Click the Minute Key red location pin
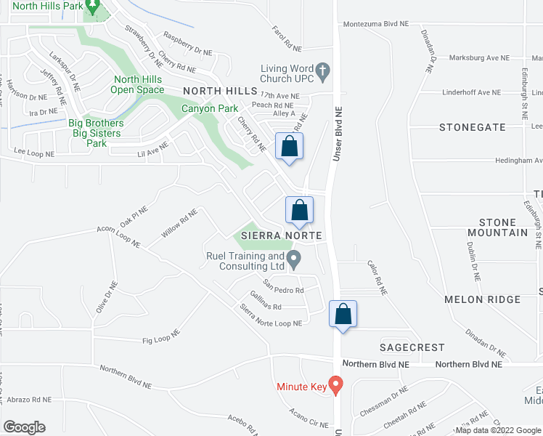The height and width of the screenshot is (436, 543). pos(335,384)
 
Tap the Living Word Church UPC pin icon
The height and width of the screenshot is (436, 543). pos(324,70)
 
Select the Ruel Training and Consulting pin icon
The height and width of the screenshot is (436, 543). pos(294,258)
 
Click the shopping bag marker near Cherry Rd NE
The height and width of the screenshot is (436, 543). pos(289,147)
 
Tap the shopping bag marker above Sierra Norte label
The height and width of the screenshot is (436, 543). pos(299,211)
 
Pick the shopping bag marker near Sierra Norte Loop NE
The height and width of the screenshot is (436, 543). pos(343,315)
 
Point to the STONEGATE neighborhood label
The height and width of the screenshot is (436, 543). pos(473,127)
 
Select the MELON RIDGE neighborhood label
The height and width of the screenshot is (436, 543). pos(483,299)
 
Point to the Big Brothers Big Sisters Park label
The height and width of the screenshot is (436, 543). pos(96,133)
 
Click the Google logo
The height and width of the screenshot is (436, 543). pos(24,427)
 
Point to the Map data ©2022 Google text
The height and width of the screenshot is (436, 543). pos(498,430)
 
